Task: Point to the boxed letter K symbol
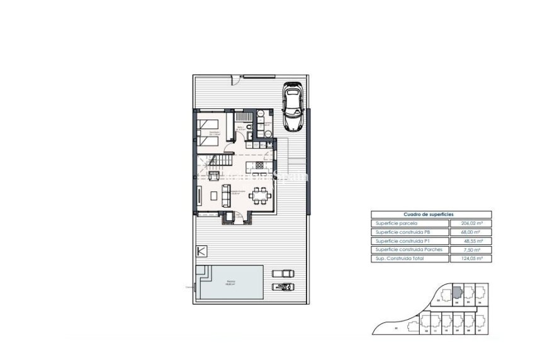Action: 201,251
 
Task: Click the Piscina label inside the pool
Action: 232,281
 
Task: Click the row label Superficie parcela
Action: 410,223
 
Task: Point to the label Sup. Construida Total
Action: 410,259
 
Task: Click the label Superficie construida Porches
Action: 410,250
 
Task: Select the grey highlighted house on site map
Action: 457,293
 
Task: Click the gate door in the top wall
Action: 237,80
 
